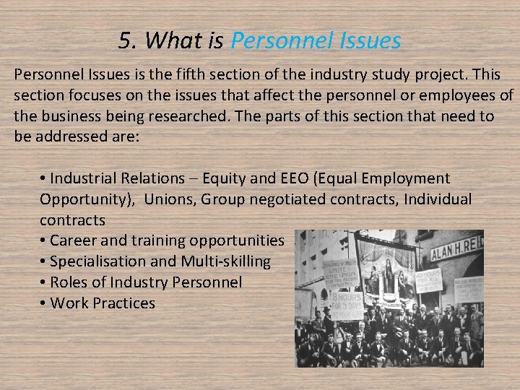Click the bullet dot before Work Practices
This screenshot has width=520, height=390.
click(x=44, y=303)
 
